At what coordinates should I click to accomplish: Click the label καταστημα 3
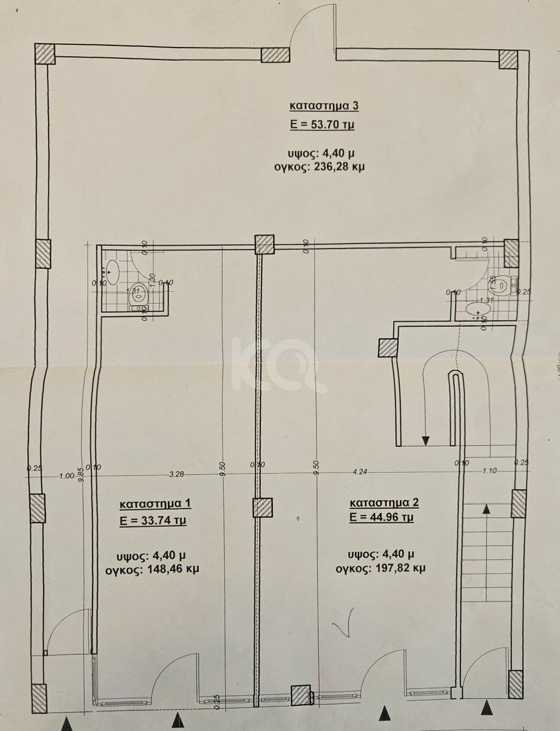pyautogui.click(x=322, y=105)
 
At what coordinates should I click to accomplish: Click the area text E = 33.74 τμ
pyautogui.click(x=154, y=521)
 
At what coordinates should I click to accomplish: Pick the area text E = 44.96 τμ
pyautogui.click(x=382, y=516)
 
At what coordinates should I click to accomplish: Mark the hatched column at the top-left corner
pyautogui.click(x=45, y=54)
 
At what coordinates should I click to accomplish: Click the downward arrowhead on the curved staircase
pyautogui.click(x=425, y=441)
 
